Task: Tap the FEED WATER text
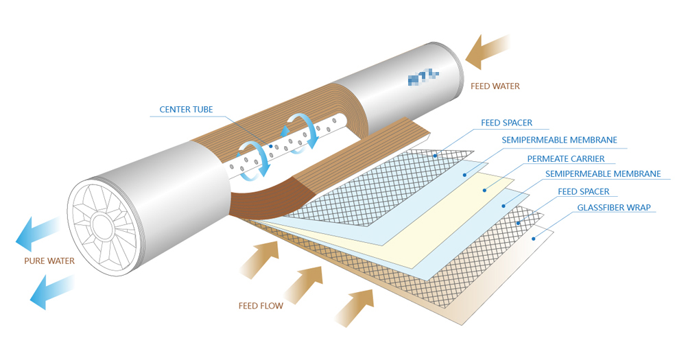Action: [x=495, y=86]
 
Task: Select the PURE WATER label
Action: [x=49, y=261]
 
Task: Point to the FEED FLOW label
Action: [x=261, y=306]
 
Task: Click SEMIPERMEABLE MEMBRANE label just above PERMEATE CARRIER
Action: [x=559, y=141]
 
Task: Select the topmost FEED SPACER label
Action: [x=506, y=123]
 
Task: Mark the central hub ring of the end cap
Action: [x=102, y=224]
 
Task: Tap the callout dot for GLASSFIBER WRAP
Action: [x=533, y=238]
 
